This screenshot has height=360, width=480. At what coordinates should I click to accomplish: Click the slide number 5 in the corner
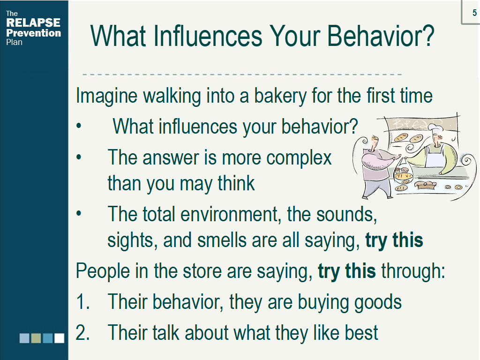(474, 13)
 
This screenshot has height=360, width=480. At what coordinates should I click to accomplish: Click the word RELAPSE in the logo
(33, 22)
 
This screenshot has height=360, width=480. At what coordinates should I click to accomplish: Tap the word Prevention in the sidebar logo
(34, 33)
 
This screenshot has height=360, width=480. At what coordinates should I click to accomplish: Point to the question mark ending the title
(429, 36)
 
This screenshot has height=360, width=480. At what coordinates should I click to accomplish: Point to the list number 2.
(82, 333)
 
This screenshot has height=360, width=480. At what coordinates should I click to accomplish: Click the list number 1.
(82, 301)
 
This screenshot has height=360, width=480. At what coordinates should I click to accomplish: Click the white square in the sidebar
(60, 338)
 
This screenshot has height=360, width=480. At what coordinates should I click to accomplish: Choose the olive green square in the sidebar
(36, 338)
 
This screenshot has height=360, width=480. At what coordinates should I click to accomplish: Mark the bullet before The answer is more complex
(79, 157)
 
